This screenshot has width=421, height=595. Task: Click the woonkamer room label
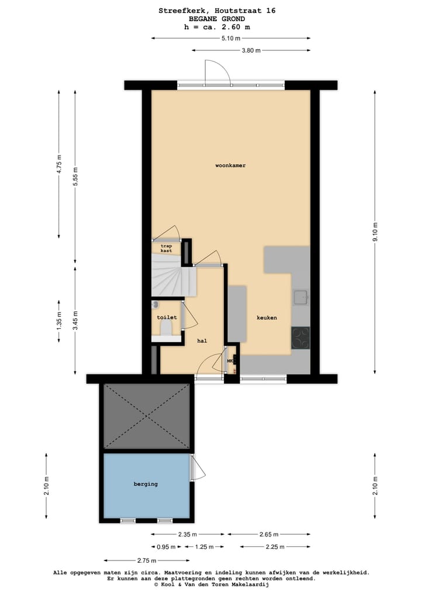230,166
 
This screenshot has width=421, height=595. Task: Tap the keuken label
267,318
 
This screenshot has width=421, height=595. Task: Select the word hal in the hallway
202,341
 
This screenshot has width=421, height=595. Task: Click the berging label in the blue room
146,484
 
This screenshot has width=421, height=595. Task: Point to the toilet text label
167,317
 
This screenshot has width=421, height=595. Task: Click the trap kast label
167,248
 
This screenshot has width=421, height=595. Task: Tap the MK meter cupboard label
230,361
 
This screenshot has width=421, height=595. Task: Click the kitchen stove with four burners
301,338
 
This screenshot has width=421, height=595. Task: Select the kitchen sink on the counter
301,297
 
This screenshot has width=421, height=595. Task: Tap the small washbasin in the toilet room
156,305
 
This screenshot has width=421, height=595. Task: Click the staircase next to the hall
172,280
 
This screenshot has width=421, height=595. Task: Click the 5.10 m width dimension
230,39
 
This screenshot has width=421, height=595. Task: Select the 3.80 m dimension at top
251,50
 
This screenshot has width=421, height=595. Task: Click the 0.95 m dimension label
166,547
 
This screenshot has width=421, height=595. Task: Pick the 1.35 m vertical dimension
59,323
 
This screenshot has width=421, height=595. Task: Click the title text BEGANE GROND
217,19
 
